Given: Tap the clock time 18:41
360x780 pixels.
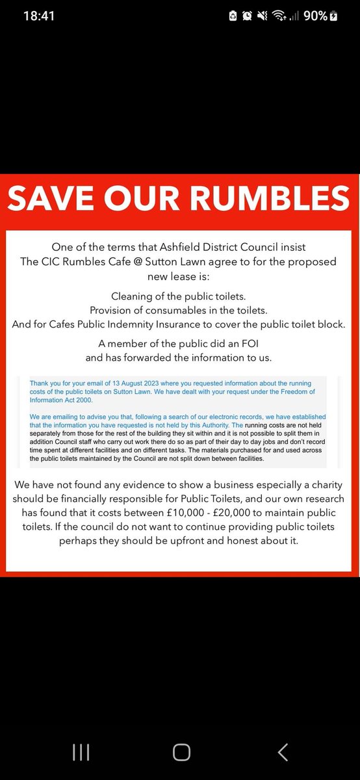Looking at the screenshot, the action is click(39, 16).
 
